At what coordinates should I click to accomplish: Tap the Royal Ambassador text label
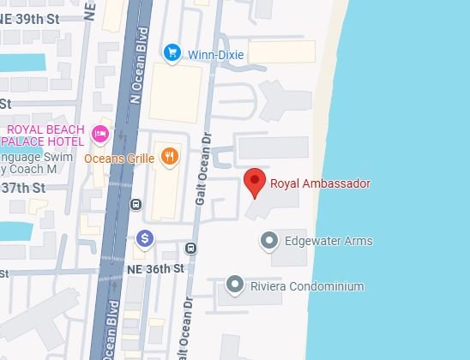320,184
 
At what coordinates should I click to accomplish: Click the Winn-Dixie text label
216,55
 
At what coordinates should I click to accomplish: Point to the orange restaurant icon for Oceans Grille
170,157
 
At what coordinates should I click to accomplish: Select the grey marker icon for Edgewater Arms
269,241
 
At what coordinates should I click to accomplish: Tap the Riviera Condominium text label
306,286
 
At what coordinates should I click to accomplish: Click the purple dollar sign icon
144,237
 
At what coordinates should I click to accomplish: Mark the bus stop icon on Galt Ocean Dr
190,249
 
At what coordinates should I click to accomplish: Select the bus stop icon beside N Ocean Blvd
136,205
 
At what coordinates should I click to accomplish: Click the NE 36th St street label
155,268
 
